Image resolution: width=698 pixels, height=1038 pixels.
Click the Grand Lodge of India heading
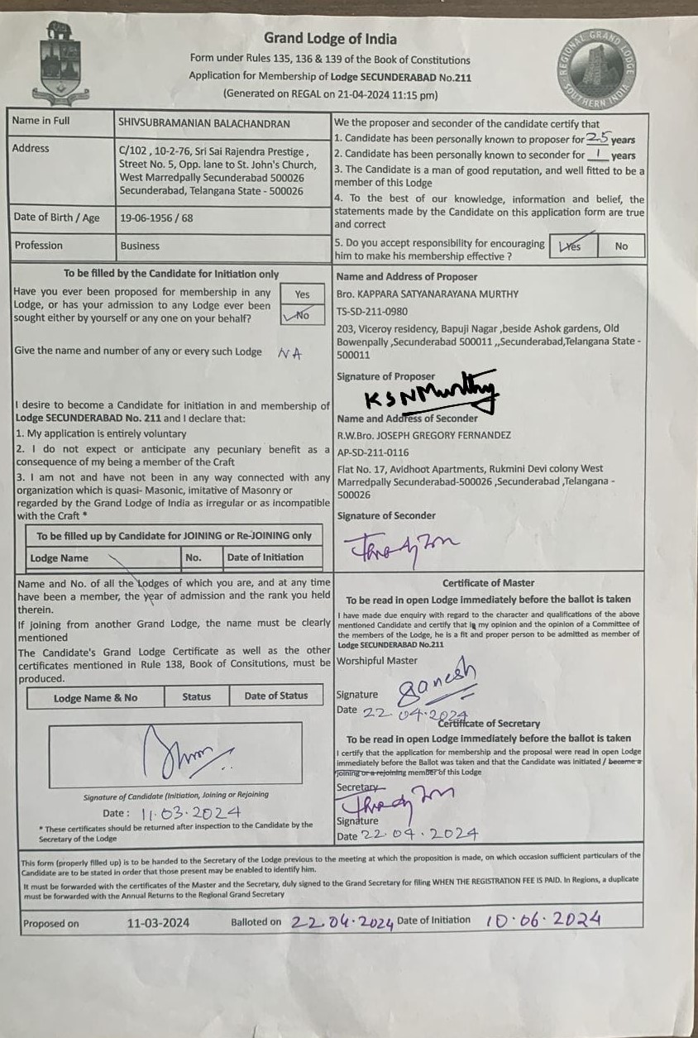pos(330,39)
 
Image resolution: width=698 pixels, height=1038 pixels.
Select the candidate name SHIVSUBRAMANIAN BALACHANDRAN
pos(204,123)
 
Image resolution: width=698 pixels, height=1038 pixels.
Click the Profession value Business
pos(140,246)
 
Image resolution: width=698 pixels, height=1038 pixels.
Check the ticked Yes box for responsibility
pos(571,246)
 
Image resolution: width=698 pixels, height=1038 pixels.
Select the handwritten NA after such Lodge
pos(289,352)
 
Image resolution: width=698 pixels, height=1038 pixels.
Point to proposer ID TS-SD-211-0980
pos(372,311)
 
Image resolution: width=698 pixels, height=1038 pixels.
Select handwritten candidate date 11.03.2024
pos(191,814)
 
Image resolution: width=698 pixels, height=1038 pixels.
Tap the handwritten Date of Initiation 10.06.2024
pos(543,920)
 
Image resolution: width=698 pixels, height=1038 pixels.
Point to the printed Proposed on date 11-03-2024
pos(159,923)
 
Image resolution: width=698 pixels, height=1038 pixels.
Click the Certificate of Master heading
pos(488,583)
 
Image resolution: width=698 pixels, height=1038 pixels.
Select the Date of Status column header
pos(275,696)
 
